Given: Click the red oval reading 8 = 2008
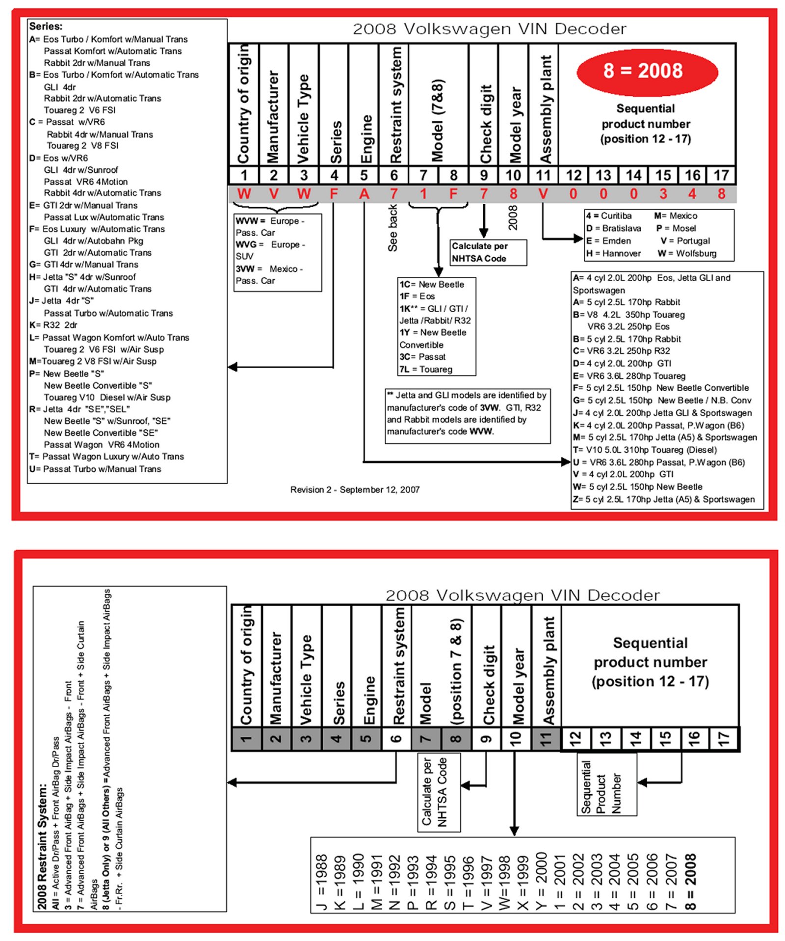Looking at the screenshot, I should click(x=647, y=72).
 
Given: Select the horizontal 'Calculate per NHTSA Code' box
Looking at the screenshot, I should click(x=488, y=252).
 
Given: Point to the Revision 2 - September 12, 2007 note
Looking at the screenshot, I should click(x=355, y=489).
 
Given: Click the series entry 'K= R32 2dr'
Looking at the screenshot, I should click(x=53, y=325).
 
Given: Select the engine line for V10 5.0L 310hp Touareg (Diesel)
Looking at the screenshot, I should click(x=645, y=450).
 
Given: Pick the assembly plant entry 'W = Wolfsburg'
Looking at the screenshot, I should click(x=687, y=253).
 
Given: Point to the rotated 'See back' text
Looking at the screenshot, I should click(x=392, y=228).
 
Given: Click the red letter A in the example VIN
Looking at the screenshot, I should click(x=364, y=194).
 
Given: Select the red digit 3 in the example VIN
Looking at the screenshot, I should click(x=663, y=194).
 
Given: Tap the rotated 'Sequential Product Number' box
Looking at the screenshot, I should click(x=606, y=784).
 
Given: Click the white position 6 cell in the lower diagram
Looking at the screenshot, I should click(x=396, y=738).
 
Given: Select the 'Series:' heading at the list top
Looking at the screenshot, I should click(x=46, y=27).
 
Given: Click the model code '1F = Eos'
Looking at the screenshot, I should click(x=417, y=296).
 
